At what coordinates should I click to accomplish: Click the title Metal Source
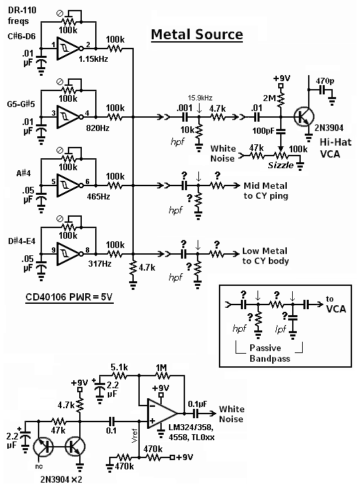(197, 34)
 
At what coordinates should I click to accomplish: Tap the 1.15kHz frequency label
(93, 59)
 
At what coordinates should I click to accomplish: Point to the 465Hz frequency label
(98, 196)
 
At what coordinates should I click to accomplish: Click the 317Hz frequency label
(100, 264)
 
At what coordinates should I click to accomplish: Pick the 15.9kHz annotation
(200, 98)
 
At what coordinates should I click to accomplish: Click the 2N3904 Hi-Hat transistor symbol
(303, 117)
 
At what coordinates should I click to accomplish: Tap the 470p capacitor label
(325, 81)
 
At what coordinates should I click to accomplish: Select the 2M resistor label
(270, 98)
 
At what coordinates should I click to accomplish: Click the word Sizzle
(281, 165)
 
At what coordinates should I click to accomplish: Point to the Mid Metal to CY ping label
(266, 191)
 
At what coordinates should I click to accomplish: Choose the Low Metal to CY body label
(266, 256)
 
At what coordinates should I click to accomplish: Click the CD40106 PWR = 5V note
(69, 297)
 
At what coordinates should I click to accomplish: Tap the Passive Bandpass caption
(270, 353)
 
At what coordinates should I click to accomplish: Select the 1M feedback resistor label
(161, 368)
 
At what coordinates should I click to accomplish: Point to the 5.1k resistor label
(119, 367)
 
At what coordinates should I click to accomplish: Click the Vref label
(134, 435)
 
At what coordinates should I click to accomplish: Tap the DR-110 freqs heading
(22, 15)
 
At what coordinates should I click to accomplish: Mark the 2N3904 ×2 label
(61, 479)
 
